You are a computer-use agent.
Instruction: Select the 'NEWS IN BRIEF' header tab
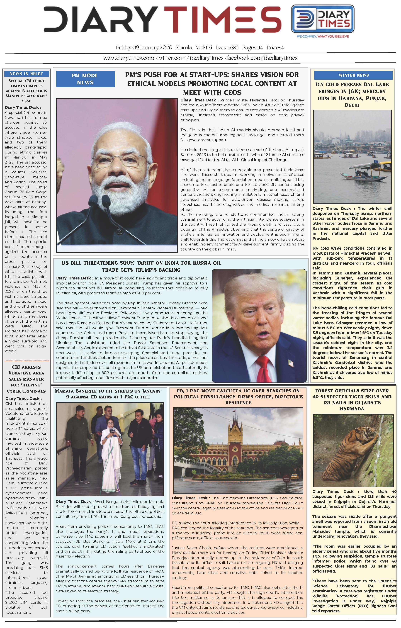[x=26, y=74]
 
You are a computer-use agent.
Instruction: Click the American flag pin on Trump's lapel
[x=290, y=362]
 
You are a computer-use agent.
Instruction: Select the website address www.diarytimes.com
[x=129, y=58]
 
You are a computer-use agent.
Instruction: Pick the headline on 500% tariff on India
[x=141, y=266]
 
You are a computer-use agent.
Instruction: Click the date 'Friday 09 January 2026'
[x=144, y=48]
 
